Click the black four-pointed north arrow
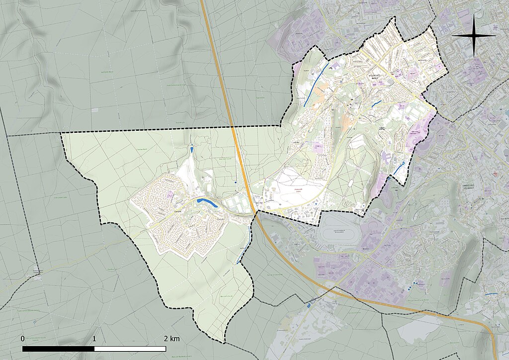tap(474, 36)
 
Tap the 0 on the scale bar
tap(22, 339)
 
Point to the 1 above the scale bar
tap(94, 339)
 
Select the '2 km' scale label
tap(171, 339)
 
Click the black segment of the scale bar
tap(58, 349)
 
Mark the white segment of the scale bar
tap(130, 349)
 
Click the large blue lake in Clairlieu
tap(206, 202)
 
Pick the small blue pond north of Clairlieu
tap(192, 149)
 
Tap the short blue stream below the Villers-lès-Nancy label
tap(376, 103)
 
